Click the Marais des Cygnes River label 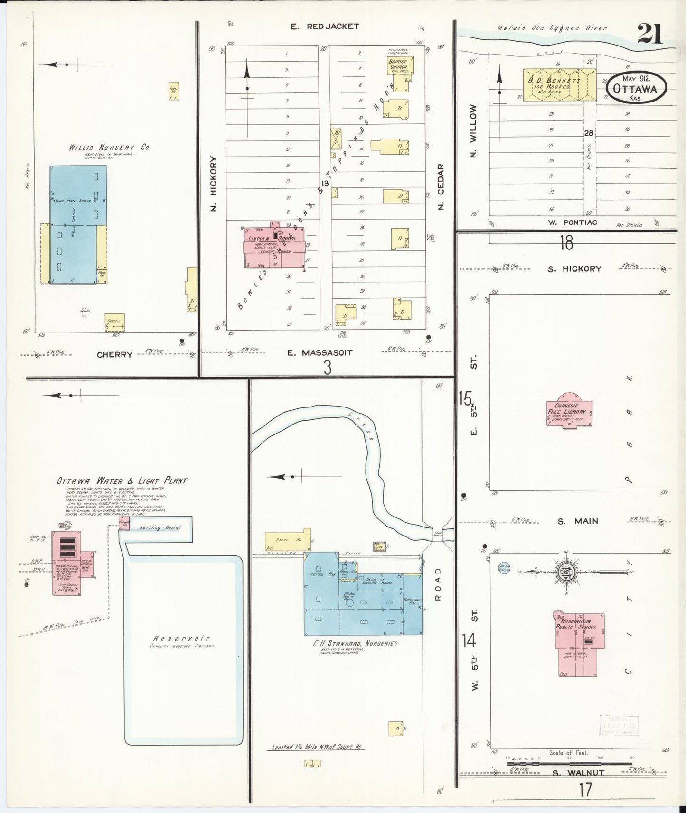coord(552,28)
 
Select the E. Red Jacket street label coord(325,27)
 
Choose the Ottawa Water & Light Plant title coord(122,480)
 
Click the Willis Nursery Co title coord(109,147)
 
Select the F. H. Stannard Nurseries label coord(356,643)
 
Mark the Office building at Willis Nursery coord(114,322)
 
